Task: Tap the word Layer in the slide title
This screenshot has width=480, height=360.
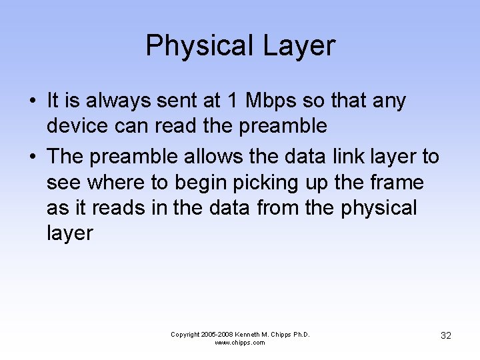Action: click(299, 46)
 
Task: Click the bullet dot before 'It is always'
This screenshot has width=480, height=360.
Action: click(32, 101)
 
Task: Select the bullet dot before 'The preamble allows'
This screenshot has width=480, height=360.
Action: click(32, 157)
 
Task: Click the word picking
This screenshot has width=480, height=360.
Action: click(250, 182)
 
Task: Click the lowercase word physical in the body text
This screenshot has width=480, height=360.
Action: click(379, 207)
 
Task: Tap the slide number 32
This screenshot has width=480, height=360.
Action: click(446, 335)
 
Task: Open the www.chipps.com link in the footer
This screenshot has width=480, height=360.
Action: click(240, 343)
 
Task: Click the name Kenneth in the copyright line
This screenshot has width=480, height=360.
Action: click(251, 334)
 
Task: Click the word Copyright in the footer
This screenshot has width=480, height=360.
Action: click(185, 334)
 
